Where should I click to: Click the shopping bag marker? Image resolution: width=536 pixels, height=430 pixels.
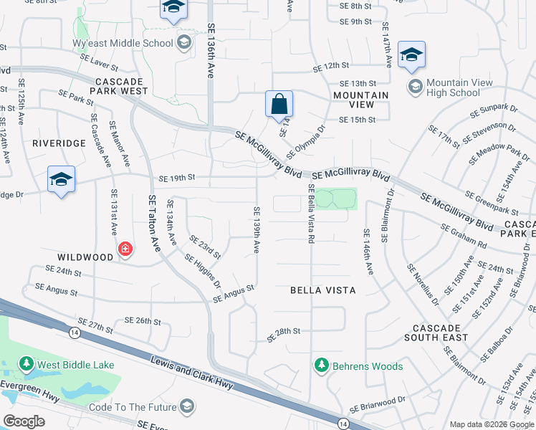tap(278, 105)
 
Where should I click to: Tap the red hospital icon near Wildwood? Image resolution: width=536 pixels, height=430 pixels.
tap(126, 249)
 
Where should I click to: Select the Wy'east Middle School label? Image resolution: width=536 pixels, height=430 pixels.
tap(133, 43)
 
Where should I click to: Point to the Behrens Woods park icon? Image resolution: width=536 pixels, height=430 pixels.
tap(322, 366)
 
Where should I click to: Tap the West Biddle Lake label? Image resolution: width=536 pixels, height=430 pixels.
tap(75, 365)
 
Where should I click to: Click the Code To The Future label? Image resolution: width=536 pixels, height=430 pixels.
tap(132, 407)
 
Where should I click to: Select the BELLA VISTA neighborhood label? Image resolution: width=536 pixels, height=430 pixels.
tap(322, 290)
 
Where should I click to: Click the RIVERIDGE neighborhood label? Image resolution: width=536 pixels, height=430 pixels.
tap(59, 143)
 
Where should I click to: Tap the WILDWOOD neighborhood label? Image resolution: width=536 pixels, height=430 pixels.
tap(86, 257)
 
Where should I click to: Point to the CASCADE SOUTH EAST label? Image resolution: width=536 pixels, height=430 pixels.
tap(436, 332)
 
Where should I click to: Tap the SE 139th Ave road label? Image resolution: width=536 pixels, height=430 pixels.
tap(256, 229)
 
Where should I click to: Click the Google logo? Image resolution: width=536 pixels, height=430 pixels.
tap(24, 421)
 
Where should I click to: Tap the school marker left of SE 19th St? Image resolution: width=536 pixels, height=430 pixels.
tap(61, 180)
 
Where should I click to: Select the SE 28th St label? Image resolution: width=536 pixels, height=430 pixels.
tap(283, 332)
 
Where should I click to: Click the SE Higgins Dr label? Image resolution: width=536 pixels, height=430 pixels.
tap(203, 270)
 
